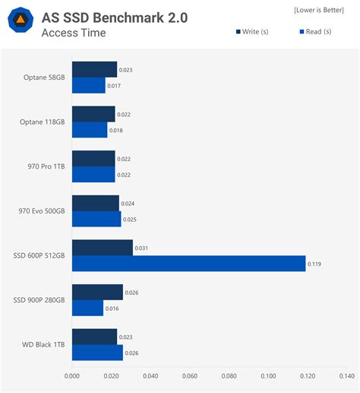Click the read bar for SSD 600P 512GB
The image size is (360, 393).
(x=188, y=264)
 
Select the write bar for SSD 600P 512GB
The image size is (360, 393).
(x=102, y=248)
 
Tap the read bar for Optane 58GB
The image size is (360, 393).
(x=88, y=86)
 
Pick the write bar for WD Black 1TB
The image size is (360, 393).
(x=94, y=337)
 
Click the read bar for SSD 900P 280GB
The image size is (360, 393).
(x=87, y=308)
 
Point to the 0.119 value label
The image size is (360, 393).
(x=314, y=265)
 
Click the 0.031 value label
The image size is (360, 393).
(x=141, y=248)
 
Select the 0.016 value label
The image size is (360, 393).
(x=112, y=309)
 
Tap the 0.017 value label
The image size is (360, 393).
(x=113, y=86)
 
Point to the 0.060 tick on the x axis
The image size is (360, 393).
(x=189, y=375)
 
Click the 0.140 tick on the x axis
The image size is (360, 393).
(x=346, y=375)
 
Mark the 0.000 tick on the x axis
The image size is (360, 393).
(x=72, y=375)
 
